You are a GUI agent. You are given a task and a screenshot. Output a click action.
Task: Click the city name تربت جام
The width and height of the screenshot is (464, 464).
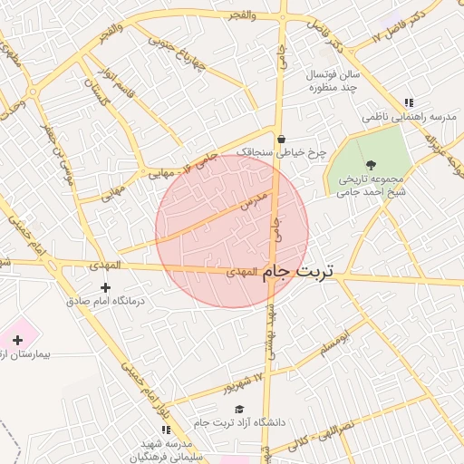(299, 271)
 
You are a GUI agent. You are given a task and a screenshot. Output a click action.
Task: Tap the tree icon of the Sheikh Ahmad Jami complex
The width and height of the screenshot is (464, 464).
(372, 164)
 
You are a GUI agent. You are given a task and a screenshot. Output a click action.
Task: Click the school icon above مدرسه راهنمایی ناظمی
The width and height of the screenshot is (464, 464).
(408, 102)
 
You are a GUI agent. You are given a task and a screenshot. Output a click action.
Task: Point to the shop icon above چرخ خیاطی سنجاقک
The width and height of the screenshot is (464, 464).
(281, 140)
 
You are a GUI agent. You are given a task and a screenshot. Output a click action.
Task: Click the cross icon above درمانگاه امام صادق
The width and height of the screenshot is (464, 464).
(105, 287)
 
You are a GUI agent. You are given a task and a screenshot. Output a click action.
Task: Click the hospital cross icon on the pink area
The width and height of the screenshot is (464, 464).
(17, 339)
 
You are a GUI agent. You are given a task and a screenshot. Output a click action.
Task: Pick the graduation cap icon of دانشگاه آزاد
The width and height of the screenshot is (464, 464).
(239, 409)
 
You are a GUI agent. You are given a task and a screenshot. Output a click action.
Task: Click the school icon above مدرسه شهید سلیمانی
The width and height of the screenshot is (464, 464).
(164, 429)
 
